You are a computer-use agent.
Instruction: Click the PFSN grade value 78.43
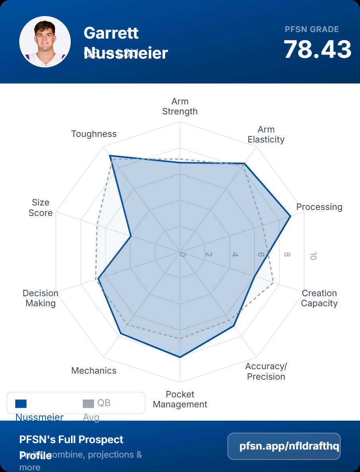[x=317, y=50]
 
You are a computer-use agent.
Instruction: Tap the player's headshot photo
[x=45, y=42]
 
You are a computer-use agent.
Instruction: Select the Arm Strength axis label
[x=180, y=106]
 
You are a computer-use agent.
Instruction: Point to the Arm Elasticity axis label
[x=266, y=134]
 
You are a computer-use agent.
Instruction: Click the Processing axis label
[x=319, y=207]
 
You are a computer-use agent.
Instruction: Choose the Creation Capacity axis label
[x=319, y=298]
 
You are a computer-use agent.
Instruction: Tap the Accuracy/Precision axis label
[x=266, y=371]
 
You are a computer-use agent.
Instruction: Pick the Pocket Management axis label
[x=180, y=399]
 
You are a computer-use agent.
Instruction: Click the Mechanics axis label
[x=94, y=370]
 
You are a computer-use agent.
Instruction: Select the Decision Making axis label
[x=41, y=298]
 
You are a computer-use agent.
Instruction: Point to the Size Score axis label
[x=41, y=208]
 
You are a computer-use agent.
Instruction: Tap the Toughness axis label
[x=94, y=134]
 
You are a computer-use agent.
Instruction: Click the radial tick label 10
[x=313, y=256]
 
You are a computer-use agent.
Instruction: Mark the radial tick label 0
[x=183, y=254]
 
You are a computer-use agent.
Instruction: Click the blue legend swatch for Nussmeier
[x=21, y=403]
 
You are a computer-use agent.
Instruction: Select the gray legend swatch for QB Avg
[x=88, y=403]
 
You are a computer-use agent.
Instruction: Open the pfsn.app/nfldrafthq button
[x=284, y=446]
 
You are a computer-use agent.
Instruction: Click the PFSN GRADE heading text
[x=312, y=29]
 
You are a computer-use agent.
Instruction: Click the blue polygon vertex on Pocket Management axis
[x=180, y=357]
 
